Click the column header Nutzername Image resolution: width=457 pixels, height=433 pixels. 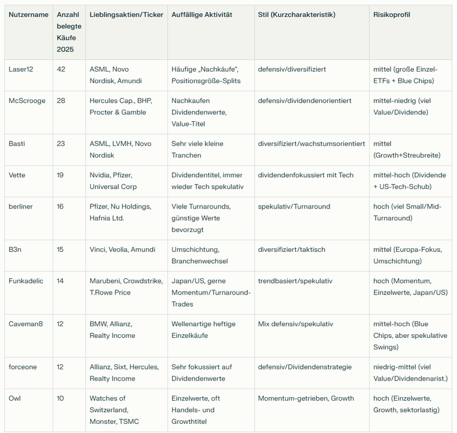[28, 14]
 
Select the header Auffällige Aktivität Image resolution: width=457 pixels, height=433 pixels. [201, 14]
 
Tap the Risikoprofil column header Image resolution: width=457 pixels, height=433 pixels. [391, 14]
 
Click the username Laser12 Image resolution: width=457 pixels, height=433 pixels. [21, 69]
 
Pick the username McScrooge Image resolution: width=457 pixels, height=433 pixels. [27, 100]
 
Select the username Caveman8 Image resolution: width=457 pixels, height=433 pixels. [25, 324]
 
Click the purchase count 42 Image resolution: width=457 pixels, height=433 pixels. [61, 69]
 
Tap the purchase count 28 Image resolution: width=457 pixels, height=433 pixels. [61, 100]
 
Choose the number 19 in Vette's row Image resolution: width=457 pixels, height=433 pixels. [61, 175]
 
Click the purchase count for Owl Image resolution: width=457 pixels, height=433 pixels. [61, 398]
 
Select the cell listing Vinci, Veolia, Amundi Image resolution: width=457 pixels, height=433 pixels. [122, 249]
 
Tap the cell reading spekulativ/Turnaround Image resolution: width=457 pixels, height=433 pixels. [294, 206]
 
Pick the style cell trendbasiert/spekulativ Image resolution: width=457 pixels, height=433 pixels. [295, 281]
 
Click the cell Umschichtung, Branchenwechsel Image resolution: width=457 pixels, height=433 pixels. [200, 255]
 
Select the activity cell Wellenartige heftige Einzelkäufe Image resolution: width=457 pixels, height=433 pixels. [203, 330]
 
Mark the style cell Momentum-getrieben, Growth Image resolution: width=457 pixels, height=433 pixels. [306, 398]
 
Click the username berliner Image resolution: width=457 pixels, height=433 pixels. [20, 206]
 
